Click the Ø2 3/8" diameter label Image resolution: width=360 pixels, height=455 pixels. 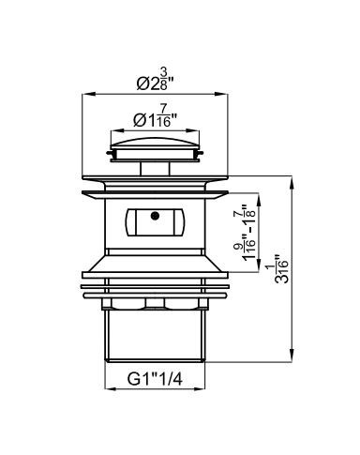155,79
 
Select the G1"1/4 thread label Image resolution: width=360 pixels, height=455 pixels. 155,379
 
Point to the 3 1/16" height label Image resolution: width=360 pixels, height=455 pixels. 281,269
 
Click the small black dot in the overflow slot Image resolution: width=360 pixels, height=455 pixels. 155,216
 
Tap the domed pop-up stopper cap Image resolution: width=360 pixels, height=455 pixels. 155,143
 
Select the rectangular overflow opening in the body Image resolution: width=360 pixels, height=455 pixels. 155,222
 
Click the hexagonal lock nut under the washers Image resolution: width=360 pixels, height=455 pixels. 155,304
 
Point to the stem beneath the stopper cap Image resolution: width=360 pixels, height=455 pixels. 155,169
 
